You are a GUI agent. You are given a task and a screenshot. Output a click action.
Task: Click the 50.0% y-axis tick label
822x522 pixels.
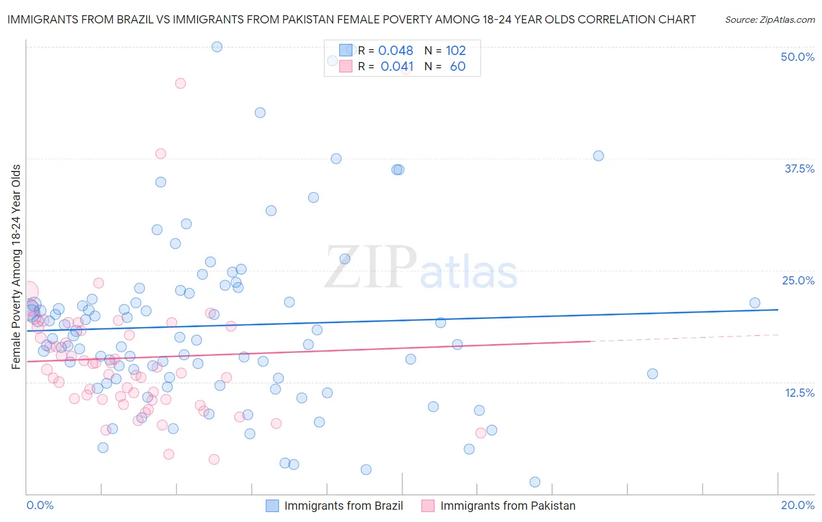coord(797,57)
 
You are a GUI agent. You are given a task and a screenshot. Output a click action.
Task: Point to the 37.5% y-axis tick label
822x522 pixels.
coord(799,169)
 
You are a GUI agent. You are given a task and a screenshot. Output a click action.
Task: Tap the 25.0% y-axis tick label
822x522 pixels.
coord(798,280)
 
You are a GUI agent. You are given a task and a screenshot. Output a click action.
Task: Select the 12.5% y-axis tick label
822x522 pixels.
coord(799,393)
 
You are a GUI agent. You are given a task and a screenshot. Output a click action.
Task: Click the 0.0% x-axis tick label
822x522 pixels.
coord(40,505)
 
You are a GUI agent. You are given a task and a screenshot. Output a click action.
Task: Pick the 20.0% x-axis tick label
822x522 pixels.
coord(797,505)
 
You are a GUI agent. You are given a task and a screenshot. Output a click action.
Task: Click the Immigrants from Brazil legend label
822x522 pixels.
coord(343,506)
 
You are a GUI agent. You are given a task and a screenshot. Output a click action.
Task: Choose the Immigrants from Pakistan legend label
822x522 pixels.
coord(507,506)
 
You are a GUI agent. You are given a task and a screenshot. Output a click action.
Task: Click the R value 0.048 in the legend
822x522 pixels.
coord(396,51)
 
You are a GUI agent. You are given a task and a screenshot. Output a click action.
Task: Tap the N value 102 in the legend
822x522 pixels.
coord(455,51)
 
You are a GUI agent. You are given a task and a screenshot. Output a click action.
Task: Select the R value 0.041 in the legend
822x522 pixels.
coord(397,67)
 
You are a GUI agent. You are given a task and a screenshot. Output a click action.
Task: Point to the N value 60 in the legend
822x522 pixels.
coord(458,67)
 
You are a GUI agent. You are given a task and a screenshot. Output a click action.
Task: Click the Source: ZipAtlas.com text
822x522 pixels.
coord(769,19)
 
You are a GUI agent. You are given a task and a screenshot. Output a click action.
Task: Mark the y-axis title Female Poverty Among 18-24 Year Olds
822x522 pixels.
coord(16,267)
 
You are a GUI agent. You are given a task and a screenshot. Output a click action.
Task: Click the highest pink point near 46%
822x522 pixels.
coord(181,84)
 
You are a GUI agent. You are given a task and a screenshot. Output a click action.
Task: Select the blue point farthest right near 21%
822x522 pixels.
coord(755,303)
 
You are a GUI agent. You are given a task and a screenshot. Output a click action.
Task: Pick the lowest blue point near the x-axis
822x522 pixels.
coord(535,482)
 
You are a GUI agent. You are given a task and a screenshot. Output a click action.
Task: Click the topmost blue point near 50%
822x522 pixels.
coord(217,47)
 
